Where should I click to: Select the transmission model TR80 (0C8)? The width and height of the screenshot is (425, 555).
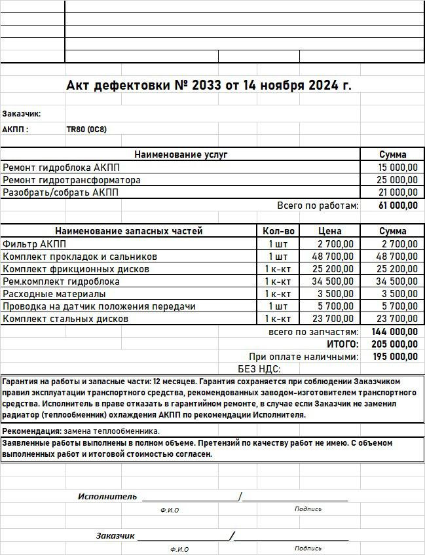[x=86, y=130]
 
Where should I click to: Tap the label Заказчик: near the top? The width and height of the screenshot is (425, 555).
[x=22, y=113]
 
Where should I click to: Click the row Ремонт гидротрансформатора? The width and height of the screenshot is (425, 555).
[x=72, y=180]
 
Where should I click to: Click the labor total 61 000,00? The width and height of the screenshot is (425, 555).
[x=398, y=206]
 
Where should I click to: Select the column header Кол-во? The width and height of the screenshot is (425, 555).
[x=279, y=231]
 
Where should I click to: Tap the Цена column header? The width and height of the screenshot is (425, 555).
[x=330, y=231]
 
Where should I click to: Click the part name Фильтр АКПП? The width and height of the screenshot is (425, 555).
[x=30, y=243]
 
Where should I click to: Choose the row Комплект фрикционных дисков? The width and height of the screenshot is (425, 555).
[x=76, y=269]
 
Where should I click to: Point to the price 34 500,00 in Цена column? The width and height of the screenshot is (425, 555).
[x=332, y=281]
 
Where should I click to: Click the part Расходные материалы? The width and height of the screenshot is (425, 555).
[x=54, y=294]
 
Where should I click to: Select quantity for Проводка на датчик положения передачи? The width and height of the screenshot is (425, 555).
[x=278, y=306]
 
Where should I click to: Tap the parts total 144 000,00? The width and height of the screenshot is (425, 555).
[x=395, y=332]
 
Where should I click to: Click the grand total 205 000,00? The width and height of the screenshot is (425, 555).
[x=395, y=344]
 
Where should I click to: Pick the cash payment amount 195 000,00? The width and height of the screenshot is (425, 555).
[x=395, y=357]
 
